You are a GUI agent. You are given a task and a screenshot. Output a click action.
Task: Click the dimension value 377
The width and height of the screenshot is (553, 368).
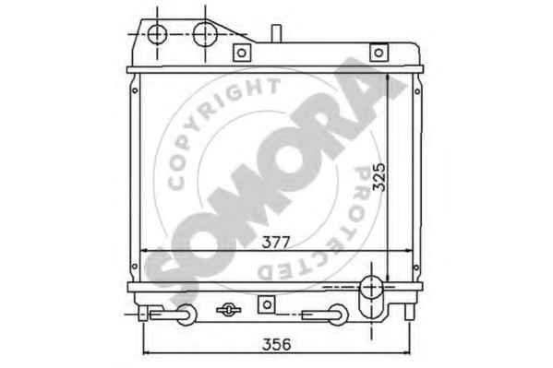[276, 243]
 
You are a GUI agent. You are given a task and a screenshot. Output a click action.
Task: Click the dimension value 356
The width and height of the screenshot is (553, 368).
[277, 344]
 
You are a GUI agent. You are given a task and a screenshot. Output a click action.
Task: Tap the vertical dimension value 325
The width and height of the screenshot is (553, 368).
[379, 177]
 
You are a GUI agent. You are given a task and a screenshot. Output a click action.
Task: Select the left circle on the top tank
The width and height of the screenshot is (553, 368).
[157, 34]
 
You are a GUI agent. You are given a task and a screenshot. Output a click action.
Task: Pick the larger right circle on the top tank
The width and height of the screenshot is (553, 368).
[205, 34]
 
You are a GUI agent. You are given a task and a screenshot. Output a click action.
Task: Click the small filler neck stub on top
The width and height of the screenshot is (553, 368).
[276, 33]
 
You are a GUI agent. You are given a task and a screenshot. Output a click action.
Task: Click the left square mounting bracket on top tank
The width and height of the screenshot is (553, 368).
[242, 53]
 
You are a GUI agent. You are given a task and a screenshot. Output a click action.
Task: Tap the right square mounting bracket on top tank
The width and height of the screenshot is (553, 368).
[379, 53]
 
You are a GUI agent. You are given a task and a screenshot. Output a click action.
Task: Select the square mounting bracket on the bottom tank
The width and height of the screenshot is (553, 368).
[267, 304]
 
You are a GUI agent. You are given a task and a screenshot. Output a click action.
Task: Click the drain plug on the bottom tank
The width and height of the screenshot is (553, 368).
[229, 310]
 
